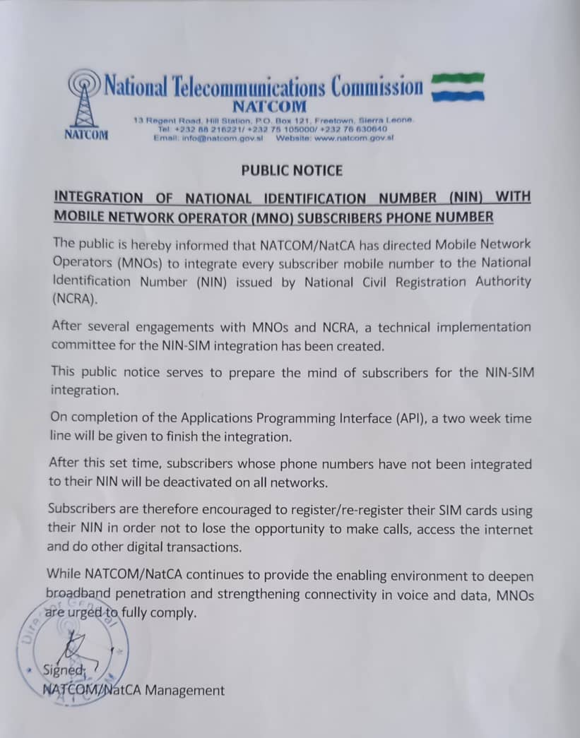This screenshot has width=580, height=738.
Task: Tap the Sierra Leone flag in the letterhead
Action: [458, 88]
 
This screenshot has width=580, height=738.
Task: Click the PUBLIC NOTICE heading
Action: [292, 170]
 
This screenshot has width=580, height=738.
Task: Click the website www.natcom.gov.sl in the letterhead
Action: [355, 138]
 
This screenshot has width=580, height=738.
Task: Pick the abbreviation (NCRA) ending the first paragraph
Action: [72, 299]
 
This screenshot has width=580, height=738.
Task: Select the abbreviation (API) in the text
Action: [413, 418]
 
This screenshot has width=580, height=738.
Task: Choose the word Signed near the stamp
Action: [64, 670]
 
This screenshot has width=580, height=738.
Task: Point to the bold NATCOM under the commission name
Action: [270, 107]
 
